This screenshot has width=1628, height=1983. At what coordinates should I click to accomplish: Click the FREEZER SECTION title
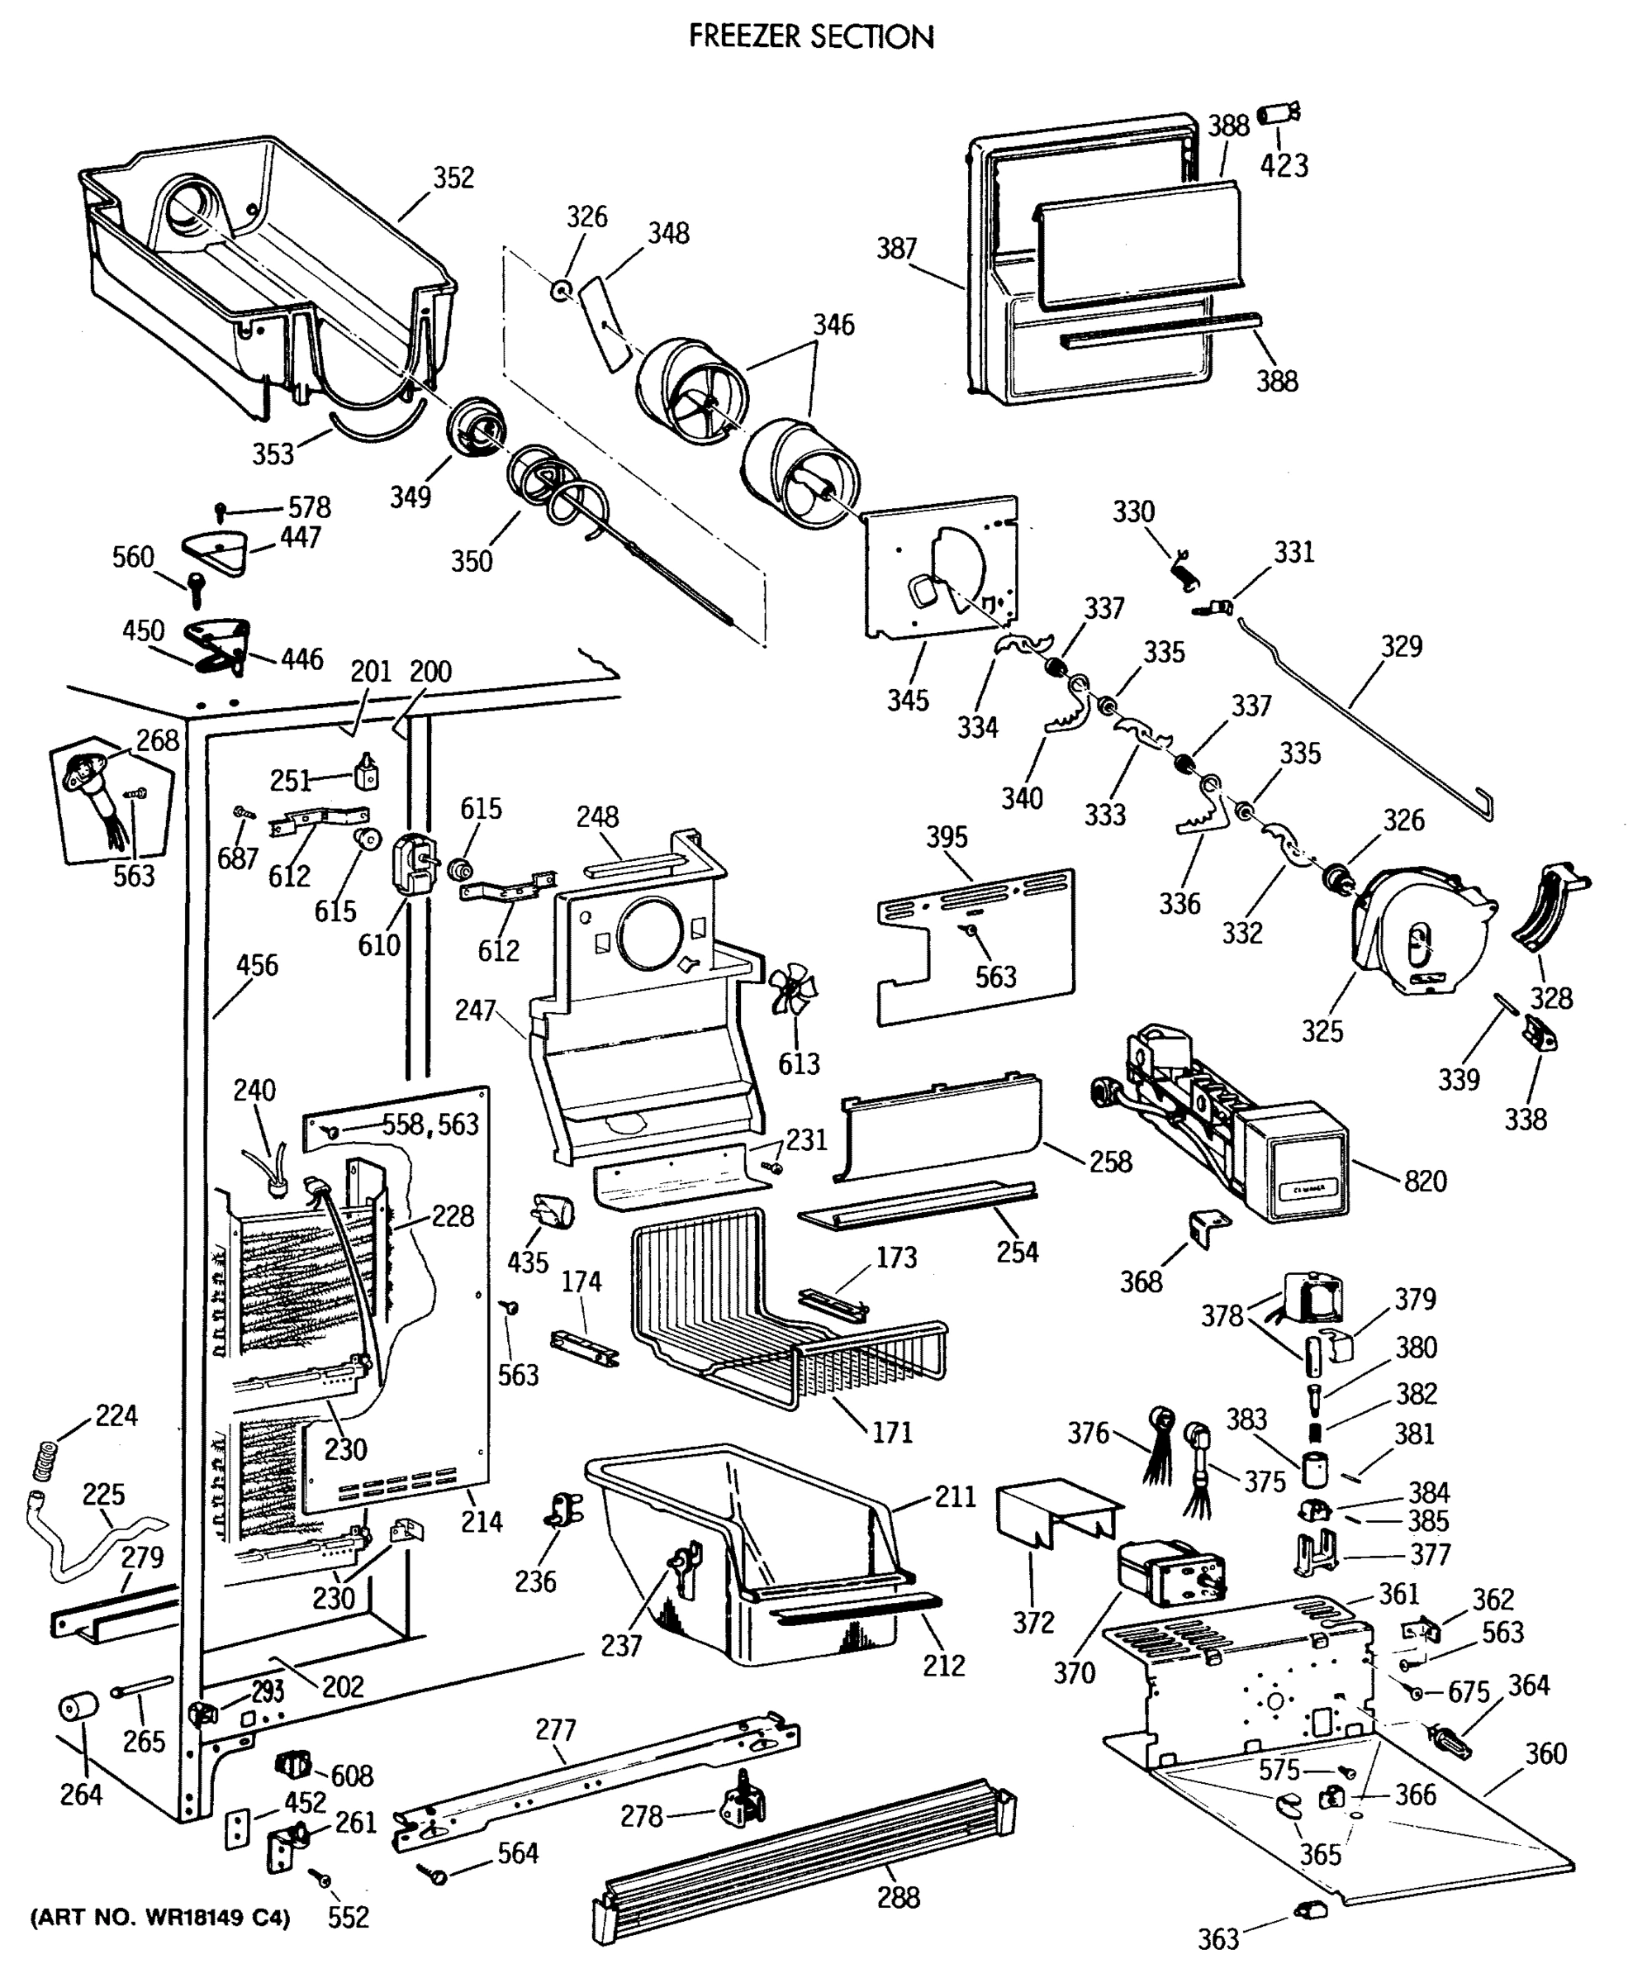811,36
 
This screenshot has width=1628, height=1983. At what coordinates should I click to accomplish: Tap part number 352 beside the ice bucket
453,178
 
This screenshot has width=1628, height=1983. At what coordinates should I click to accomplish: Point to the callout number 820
1425,1180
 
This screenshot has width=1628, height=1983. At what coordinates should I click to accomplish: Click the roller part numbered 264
78,1707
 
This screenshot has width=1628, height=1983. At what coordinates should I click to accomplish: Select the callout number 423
1283,165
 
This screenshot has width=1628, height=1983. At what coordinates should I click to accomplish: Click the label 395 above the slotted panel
947,837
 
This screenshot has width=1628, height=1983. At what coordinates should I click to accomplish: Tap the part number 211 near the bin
955,1496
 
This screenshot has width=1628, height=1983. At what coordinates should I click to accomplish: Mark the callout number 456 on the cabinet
256,964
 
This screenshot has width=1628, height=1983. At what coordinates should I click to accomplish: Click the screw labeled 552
324,1879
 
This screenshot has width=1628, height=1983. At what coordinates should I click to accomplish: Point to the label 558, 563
430,1124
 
